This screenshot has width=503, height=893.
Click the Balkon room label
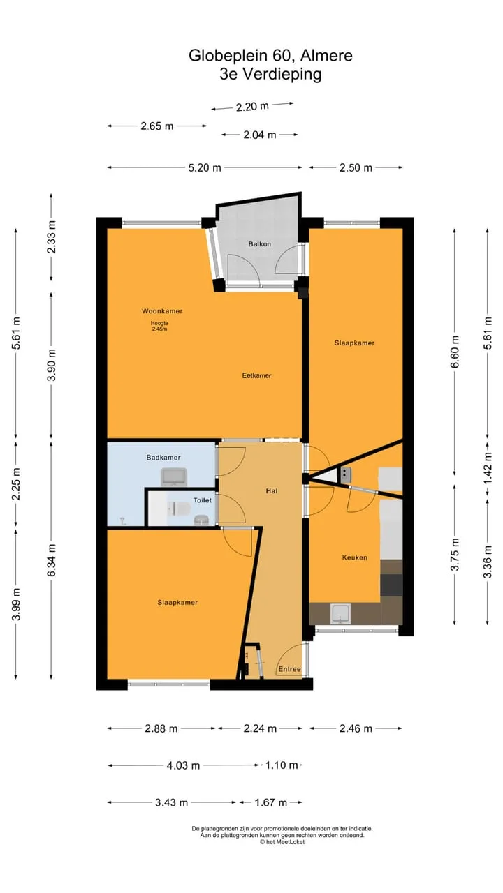tap(259, 243)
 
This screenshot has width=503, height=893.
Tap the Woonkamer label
tap(162, 311)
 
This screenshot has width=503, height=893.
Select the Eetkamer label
tap(256, 375)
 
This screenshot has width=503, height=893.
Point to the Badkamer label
tap(163, 458)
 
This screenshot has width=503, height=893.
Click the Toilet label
tap(203, 500)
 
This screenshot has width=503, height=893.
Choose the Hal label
tap(272, 491)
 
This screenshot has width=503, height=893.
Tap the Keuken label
tap(354, 557)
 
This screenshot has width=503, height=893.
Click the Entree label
tap(289, 669)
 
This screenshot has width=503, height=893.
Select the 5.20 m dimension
tap(205, 168)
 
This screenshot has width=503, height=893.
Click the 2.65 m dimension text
tap(157, 126)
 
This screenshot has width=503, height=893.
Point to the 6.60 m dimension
tap(455, 352)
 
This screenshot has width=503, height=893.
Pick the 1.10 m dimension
tap(282, 765)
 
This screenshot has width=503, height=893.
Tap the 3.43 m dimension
tap(172, 802)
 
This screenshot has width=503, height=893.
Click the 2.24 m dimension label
tap(260, 729)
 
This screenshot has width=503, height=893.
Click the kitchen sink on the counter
tap(340, 614)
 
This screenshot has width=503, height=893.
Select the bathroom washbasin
tap(174, 476)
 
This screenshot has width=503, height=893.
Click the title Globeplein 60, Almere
tap(270, 55)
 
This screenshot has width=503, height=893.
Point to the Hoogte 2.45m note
tap(159, 326)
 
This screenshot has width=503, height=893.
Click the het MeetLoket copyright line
tap(282, 842)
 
